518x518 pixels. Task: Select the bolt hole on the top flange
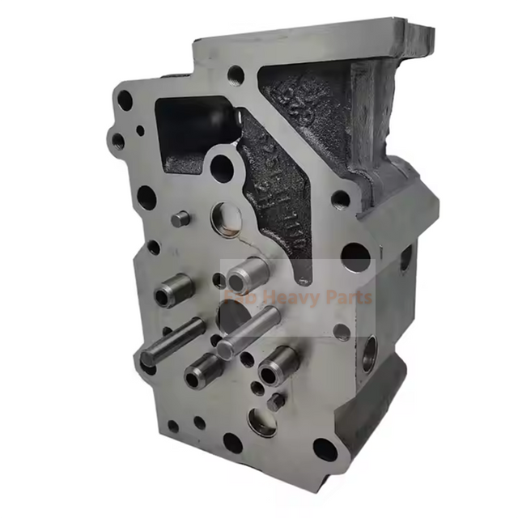(x=236, y=76)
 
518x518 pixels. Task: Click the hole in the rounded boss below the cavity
(x=221, y=168)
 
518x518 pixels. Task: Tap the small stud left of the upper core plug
(x=182, y=218)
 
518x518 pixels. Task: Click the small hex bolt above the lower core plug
(x=276, y=399)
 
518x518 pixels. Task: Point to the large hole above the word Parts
(x=355, y=257)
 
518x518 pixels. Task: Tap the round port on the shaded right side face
(x=368, y=354)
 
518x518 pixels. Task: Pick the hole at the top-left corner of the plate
(x=125, y=100)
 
